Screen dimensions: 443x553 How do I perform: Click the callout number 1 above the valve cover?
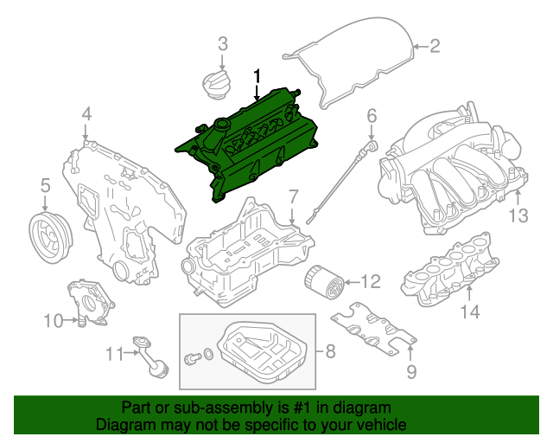coord(257,77)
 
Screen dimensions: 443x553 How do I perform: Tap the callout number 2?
coord(435,45)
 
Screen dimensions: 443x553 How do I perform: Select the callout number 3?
coord(222,43)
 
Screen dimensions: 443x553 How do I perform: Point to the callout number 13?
coord(517,215)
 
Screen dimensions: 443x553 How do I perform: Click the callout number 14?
coord(468,311)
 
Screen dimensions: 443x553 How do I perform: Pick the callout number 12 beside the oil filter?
coord(369,281)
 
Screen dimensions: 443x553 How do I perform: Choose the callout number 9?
coord(411,371)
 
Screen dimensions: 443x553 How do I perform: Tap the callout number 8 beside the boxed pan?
coord(329,351)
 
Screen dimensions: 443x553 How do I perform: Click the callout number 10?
coord(53,322)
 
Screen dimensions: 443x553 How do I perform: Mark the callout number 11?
coord(115,353)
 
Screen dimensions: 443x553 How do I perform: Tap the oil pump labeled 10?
coord(90,303)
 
